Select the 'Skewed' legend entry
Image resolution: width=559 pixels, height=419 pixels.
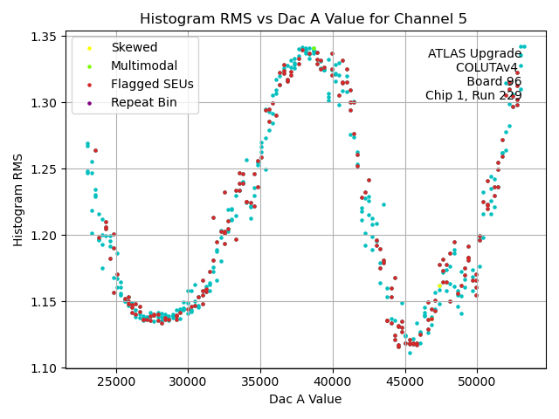click(134, 47)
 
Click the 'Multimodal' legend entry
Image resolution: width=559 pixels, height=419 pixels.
click(143, 65)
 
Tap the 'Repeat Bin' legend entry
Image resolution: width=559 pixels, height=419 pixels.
click(143, 102)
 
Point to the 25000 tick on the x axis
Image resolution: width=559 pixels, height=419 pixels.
click(116, 381)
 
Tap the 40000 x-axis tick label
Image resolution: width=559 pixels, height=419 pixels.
click(333, 381)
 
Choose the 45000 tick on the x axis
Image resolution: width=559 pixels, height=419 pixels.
click(405, 381)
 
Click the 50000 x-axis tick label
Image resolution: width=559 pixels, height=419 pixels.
click(477, 381)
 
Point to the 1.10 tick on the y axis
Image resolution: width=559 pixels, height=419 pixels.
click(46, 368)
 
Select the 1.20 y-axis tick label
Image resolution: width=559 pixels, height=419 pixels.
click(46, 236)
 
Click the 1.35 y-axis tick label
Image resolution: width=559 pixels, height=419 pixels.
click(46, 37)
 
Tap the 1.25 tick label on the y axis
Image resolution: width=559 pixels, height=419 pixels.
click(46, 169)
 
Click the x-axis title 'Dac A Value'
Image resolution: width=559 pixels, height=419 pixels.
click(305, 399)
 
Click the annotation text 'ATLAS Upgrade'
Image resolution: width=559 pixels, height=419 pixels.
click(474, 53)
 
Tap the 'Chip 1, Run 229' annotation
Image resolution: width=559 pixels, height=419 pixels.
click(473, 95)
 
